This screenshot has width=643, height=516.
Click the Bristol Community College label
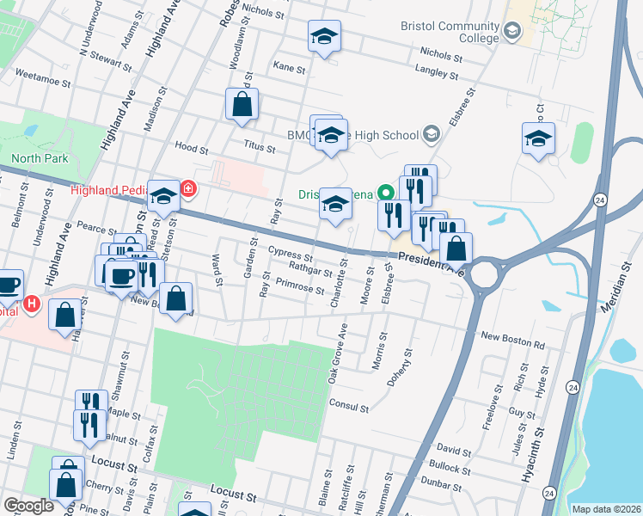(x=449, y=32)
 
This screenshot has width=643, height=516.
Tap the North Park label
(x=39, y=158)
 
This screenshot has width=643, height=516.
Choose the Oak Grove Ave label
(x=336, y=353)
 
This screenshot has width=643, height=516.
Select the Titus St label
(x=258, y=149)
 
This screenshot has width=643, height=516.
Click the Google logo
(x=28, y=506)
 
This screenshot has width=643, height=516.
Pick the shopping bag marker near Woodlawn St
(x=242, y=105)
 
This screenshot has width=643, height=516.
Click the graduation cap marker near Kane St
(x=324, y=36)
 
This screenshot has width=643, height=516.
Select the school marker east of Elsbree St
(x=538, y=138)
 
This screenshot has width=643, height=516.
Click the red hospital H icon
(x=32, y=303)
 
